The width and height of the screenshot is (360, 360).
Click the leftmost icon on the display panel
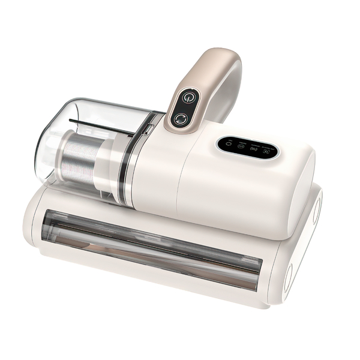pyautogui.click(x=227, y=144)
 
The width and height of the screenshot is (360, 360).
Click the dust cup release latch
pyautogui.click(x=146, y=128)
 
